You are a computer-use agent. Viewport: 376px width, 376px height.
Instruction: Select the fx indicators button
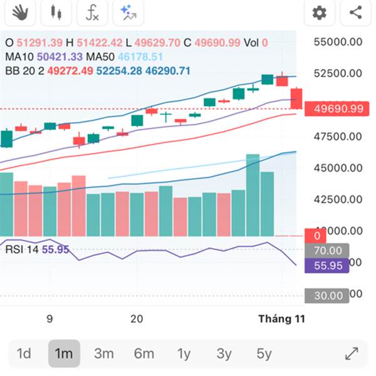tap(92, 11)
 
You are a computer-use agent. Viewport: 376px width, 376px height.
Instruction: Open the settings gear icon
tap(319, 12)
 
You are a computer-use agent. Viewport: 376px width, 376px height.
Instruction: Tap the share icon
tap(355, 12)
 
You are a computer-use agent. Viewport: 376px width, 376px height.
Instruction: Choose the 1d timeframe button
tap(24, 353)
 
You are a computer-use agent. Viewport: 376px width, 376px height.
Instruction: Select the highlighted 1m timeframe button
tap(64, 353)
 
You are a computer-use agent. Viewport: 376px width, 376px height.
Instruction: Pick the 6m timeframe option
tap(144, 353)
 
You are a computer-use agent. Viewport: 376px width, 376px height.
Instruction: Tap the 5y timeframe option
tap(264, 353)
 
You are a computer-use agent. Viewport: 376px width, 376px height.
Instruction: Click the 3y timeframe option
tap(224, 353)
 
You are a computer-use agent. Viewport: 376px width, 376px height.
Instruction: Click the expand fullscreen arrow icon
tap(352, 353)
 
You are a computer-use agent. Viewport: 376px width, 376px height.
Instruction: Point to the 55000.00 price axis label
tap(338, 42)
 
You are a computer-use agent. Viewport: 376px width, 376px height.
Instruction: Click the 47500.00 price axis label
tap(338, 137)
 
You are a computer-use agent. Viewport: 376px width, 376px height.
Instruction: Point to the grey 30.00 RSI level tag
tap(327, 295)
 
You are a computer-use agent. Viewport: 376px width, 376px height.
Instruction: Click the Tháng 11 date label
tap(281, 319)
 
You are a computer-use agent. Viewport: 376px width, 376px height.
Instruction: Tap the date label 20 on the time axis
tap(137, 319)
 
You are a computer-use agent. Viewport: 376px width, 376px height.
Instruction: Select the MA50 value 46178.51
tap(145, 57)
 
